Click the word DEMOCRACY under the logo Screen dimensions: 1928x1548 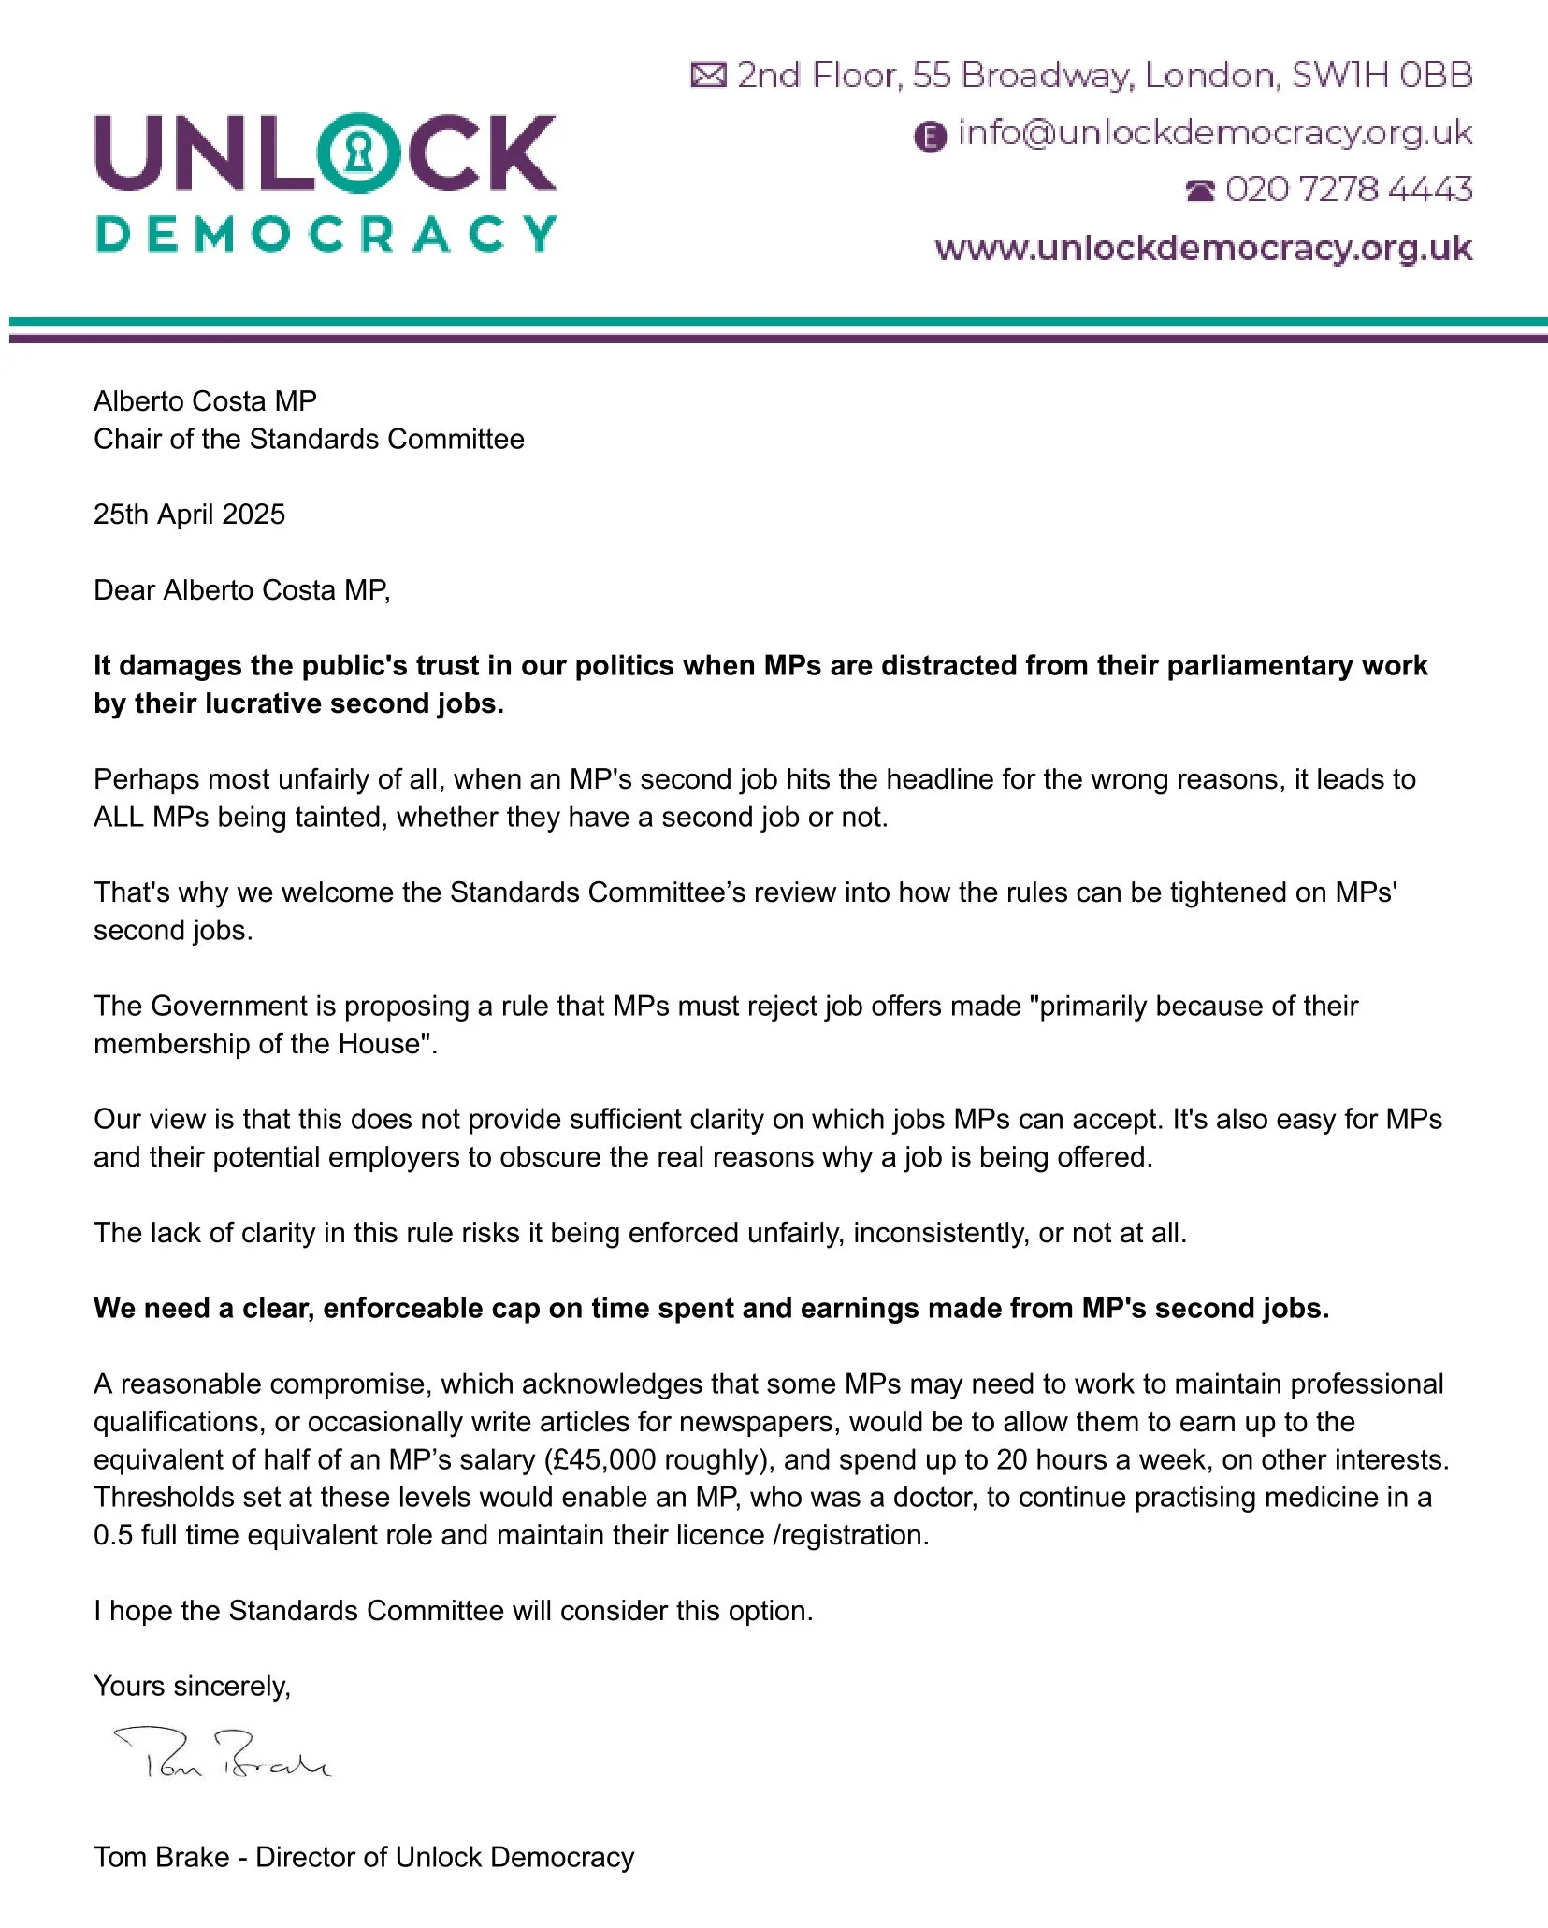(326, 234)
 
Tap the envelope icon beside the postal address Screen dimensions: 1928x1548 (708, 75)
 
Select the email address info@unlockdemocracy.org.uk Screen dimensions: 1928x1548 (1214, 134)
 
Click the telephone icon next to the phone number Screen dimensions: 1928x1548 (1200, 191)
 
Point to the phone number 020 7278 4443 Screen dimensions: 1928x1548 (1348, 190)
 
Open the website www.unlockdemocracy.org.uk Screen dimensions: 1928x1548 (1203, 249)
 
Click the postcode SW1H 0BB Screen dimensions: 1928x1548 (1382, 75)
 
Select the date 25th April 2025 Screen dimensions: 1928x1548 (189, 515)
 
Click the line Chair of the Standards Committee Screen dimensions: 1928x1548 (309, 439)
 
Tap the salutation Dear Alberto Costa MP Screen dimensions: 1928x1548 (241, 590)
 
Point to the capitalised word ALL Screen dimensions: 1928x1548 (118, 817)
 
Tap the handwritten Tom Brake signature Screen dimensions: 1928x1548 (222, 1753)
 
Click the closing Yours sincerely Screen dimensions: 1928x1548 (192, 1686)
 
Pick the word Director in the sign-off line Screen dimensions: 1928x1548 (308, 1857)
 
